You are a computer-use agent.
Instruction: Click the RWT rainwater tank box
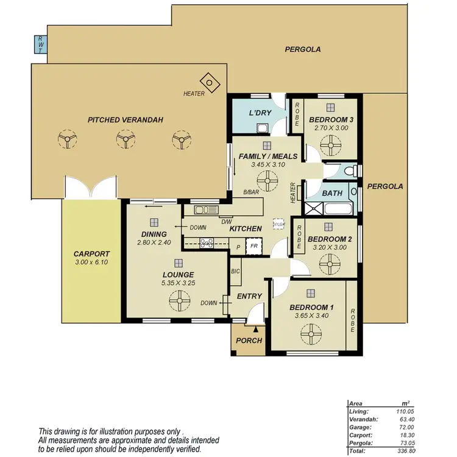pyautogui.click(x=40, y=44)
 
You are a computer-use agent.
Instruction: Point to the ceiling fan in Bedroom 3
pyautogui.click(x=331, y=144)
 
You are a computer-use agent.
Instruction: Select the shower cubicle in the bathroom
pyautogui.click(x=314, y=210)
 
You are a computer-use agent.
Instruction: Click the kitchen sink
pyautogui.click(x=206, y=211)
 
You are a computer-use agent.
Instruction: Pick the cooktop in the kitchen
pyautogui.click(x=205, y=243)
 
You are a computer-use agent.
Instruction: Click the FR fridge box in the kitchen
pyautogui.click(x=253, y=247)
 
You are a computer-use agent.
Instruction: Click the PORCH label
pyautogui.click(x=249, y=340)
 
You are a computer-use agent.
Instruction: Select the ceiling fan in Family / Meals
pyautogui.click(x=267, y=180)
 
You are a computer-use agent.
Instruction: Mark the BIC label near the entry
pyautogui.click(x=236, y=270)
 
